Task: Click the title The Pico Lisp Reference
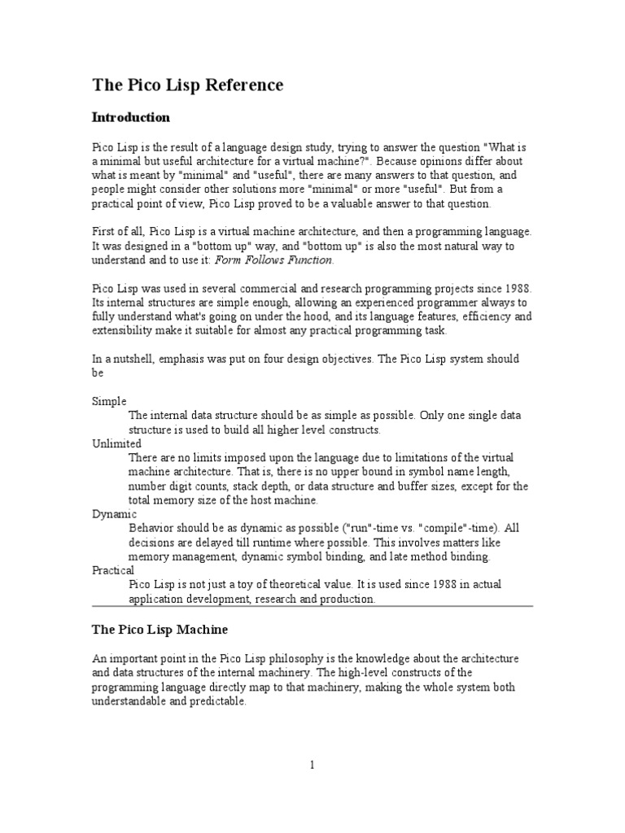click(x=187, y=85)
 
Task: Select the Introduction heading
click(x=130, y=117)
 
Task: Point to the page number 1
click(x=312, y=765)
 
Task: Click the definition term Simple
click(x=108, y=401)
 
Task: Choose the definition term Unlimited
click(x=116, y=443)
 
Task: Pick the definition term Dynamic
click(x=114, y=514)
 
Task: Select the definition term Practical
click(x=113, y=570)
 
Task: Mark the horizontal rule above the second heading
click(x=312, y=606)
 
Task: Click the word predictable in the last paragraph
click(x=215, y=701)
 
